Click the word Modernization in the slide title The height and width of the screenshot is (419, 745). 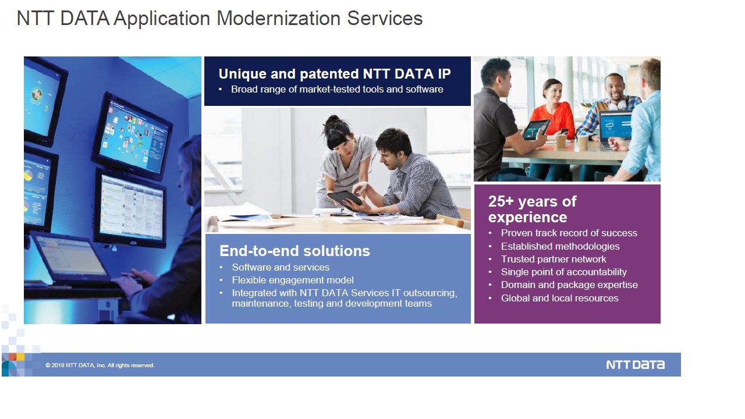pyautogui.click(x=278, y=18)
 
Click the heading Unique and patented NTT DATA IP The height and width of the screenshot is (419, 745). pyautogui.click(x=335, y=74)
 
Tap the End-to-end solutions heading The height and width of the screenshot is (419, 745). pyautogui.click(x=295, y=251)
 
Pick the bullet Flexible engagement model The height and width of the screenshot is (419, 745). pyautogui.click(x=293, y=280)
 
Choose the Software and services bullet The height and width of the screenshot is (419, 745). pyautogui.click(x=281, y=267)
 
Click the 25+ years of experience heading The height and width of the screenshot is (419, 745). pyautogui.click(x=532, y=209)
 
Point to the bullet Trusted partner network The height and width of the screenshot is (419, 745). pyautogui.click(x=554, y=259)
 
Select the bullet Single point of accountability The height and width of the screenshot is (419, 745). pyautogui.click(x=564, y=272)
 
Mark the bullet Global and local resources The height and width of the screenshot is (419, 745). pyautogui.click(x=560, y=298)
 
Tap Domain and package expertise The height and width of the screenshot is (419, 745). pyautogui.click(x=569, y=285)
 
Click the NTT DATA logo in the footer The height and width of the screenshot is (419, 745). pyautogui.click(x=635, y=365)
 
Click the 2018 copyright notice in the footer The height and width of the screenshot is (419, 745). pyautogui.click(x=100, y=365)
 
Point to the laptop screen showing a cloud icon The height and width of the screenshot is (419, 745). pyautogui.click(x=615, y=125)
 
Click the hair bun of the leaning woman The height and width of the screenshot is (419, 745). pyautogui.click(x=334, y=120)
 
